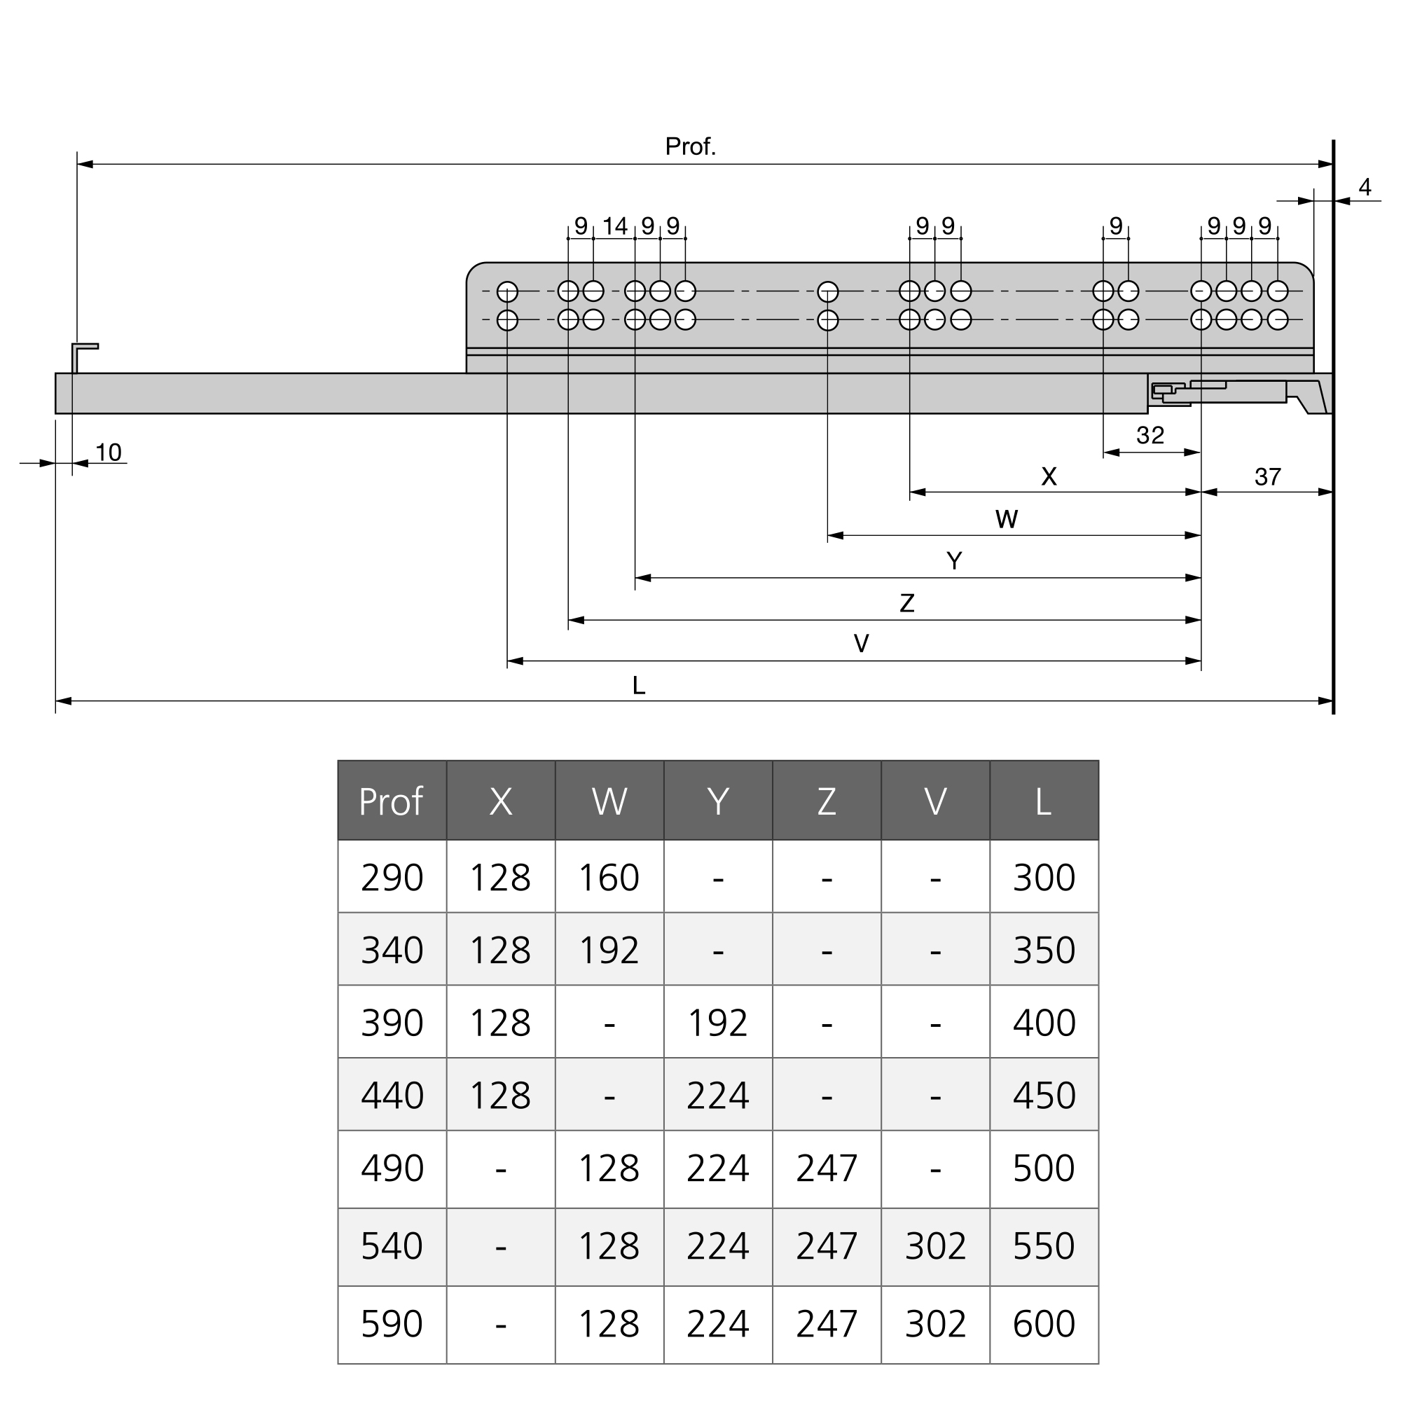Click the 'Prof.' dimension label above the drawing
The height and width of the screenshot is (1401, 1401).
pyautogui.click(x=691, y=147)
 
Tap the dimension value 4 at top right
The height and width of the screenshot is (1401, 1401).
pyautogui.click(x=1365, y=188)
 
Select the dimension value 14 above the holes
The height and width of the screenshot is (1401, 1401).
pyautogui.click(x=614, y=226)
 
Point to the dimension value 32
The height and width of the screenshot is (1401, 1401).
pyautogui.click(x=1150, y=435)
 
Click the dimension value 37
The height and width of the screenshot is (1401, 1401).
pyautogui.click(x=1268, y=477)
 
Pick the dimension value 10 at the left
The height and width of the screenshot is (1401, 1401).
pyautogui.click(x=108, y=453)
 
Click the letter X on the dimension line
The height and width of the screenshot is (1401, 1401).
pyautogui.click(x=1049, y=476)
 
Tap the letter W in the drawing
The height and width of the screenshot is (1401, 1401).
pyautogui.click(x=1007, y=519)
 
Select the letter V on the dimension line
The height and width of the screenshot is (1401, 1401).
pyautogui.click(x=861, y=643)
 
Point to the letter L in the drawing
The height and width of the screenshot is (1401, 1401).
pyautogui.click(x=638, y=685)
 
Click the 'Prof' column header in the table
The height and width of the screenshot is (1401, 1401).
pyautogui.click(x=391, y=801)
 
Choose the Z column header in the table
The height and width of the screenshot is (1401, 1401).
pyautogui.click(x=827, y=801)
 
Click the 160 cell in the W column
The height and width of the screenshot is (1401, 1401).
pyautogui.click(x=609, y=878)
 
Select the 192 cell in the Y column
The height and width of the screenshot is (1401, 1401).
pyautogui.click(x=717, y=1023)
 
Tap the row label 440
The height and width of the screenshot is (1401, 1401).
pyautogui.click(x=392, y=1096)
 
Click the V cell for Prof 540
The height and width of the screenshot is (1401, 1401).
pyautogui.click(x=935, y=1247)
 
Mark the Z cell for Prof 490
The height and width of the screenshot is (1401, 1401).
pyautogui.click(x=827, y=1169)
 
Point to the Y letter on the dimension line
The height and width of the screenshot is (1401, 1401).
pyautogui.click(x=954, y=561)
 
